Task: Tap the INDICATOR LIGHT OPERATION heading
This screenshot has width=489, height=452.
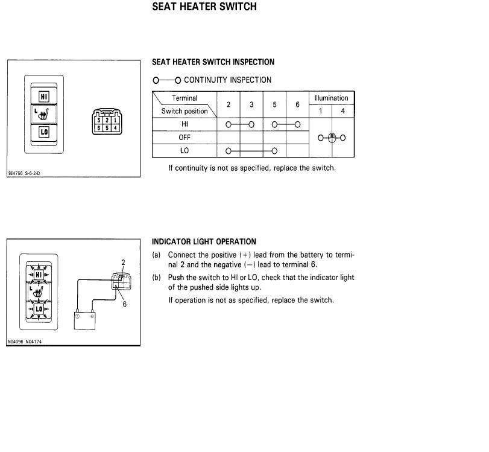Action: coord(204,241)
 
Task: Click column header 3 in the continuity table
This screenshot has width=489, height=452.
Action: coord(251,104)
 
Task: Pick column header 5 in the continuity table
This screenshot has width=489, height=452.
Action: coord(274,104)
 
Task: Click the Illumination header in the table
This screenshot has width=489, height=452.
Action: coord(331,98)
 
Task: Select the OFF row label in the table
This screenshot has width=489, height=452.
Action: coord(185,137)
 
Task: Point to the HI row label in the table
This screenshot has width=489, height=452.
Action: coord(185,124)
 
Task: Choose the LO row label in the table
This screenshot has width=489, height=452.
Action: coord(185,150)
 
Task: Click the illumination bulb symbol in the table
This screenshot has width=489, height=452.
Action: coord(332,138)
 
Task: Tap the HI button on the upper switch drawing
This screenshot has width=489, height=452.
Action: coord(44,97)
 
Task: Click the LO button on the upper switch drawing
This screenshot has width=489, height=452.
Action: coord(44,131)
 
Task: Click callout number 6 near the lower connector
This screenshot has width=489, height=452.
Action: coord(125,304)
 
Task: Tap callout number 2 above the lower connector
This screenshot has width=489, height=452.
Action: coord(123,263)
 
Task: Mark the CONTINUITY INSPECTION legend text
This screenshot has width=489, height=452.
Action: coord(227,80)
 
